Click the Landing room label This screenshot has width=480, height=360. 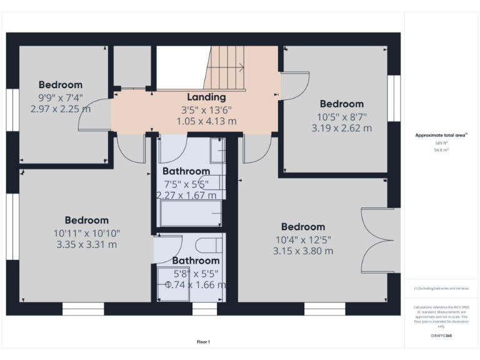tap(206, 97)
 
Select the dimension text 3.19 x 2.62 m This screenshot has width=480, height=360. tap(341, 128)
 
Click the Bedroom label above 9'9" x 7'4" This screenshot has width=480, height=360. tap(61, 85)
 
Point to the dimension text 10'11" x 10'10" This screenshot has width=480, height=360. tap(86, 232)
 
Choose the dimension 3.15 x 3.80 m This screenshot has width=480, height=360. tap(302, 251)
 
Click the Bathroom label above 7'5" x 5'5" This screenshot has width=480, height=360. tap(186, 171)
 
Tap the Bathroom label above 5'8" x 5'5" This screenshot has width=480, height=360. tap(196, 261)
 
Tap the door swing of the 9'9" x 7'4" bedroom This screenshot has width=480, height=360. tap(94, 116)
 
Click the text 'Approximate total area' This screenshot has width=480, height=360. tap(441, 135)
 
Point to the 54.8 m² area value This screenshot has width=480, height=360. tap(441, 150)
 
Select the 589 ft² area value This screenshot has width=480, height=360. tap(441, 143)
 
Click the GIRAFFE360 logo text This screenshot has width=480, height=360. tap(441, 336)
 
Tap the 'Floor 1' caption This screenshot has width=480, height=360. tap(203, 342)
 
